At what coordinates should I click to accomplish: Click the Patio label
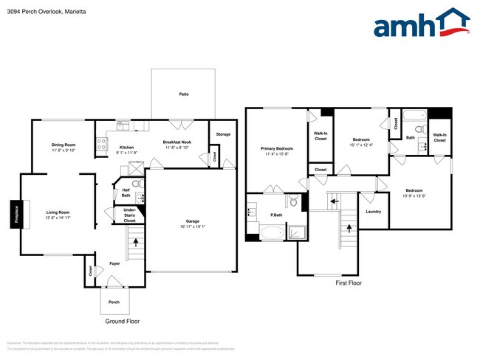[183, 94]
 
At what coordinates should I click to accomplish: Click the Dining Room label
[64, 145]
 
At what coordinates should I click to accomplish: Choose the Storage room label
[223, 134]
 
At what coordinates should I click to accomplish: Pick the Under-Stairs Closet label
[129, 215]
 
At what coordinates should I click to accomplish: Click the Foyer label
[114, 263]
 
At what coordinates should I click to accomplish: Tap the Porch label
[114, 302]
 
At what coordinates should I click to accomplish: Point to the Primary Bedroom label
[277, 148]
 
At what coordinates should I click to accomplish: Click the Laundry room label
[373, 212]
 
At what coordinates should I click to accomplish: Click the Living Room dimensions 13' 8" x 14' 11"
[58, 218]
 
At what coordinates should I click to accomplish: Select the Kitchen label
[126, 148]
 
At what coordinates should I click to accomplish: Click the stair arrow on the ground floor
[135, 240]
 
